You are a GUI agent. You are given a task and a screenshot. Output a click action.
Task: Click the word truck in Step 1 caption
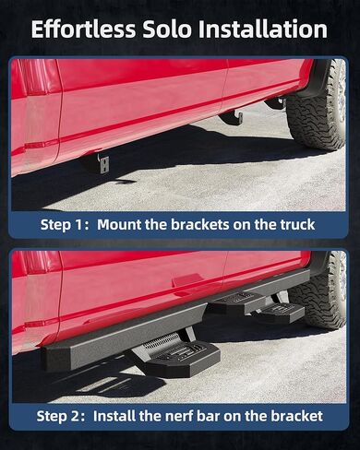295,224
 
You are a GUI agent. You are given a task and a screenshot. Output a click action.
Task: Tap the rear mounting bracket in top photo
233,117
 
